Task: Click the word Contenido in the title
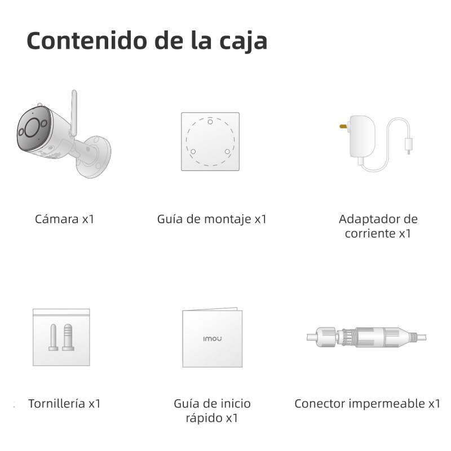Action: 87,40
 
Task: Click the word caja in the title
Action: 244,42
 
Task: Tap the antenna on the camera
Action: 74,113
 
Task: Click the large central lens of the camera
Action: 32,127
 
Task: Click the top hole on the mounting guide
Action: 210,122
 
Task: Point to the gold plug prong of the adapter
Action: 343,126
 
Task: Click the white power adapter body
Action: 362,136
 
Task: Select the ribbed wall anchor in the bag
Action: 68,337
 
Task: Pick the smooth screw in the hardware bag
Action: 54,337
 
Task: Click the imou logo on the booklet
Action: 213,339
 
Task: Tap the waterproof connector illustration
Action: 366,337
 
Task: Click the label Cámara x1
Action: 64,219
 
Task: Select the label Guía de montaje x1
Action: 212,219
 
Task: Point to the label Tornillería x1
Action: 64,404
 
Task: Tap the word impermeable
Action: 387,404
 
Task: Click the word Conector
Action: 320,404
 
